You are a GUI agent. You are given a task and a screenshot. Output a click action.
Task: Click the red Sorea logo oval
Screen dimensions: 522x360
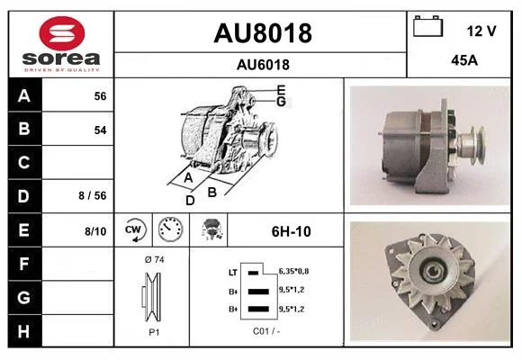(x=62, y=33)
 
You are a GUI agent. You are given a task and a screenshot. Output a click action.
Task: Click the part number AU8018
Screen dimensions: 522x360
(x=263, y=33)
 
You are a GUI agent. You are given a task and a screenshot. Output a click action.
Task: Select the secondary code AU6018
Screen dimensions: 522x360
(x=263, y=65)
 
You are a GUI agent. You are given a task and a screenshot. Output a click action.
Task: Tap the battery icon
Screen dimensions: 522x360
(x=427, y=26)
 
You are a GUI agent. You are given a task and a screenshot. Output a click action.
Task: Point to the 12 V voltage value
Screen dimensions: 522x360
(x=481, y=31)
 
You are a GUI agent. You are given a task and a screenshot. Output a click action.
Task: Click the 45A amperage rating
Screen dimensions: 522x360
(x=464, y=60)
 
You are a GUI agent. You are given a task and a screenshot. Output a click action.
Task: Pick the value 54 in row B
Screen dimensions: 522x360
(x=100, y=130)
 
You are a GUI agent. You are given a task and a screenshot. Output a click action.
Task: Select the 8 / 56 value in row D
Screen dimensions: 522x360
(x=93, y=195)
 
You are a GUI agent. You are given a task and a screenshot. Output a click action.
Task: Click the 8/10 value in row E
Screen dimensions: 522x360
(x=95, y=231)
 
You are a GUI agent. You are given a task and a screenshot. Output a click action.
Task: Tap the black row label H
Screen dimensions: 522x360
(x=24, y=331)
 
